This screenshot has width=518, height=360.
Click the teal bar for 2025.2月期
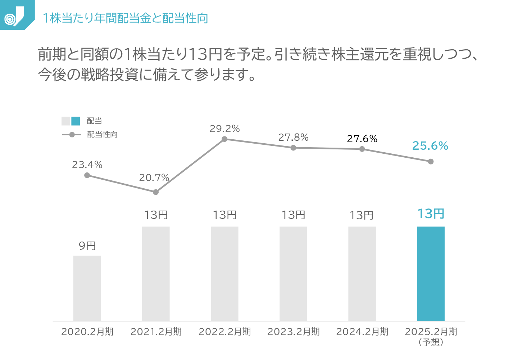coord(431,274)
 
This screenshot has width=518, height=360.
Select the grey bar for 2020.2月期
coord(87,288)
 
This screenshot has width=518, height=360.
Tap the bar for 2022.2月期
coord(224,274)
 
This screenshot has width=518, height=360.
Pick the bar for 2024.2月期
coord(362,274)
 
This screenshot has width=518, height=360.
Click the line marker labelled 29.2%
coord(224,139)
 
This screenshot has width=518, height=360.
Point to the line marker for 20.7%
coord(156,192)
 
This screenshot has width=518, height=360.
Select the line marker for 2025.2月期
coord(431,162)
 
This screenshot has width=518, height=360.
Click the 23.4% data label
coord(87,165)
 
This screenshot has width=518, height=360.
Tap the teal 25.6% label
coord(430,146)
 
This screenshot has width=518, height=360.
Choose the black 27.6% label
coord(362,139)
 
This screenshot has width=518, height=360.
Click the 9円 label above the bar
coord(87,246)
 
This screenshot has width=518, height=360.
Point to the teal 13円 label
coord(431,214)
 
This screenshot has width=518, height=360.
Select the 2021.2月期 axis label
coord(156,332)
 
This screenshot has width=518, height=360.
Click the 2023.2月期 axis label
coord(293,332)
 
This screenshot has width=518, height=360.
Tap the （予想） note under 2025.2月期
coord(431,342)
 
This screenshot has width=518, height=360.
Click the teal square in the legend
coord(76,121)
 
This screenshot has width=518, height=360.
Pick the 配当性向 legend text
coord(103,135)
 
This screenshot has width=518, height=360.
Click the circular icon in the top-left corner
coord(10,18)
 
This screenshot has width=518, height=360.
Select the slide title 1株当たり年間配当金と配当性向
coord(125,18)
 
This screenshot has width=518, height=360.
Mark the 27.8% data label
coord(293,138)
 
